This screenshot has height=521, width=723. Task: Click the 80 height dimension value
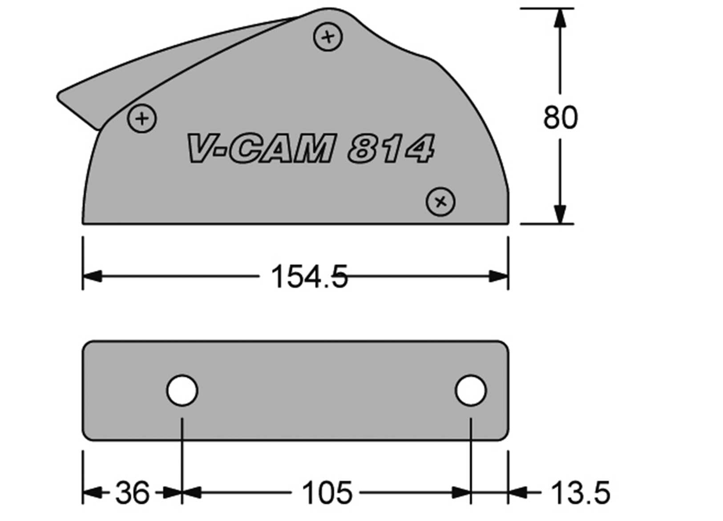tap(560, 118)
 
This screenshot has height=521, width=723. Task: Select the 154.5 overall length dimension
tap(309, 277)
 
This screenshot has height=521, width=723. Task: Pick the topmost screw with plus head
tap(328, 37)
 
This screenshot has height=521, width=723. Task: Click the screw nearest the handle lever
tap(142, 118)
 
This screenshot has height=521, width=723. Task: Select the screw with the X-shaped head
tap(440, 202)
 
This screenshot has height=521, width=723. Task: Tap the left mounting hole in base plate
tap(182, 390)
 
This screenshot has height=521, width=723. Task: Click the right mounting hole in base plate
tap(471, 390)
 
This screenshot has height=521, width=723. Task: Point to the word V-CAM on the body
tap(260, 148)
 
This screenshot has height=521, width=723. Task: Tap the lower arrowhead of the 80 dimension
tap(560, 215)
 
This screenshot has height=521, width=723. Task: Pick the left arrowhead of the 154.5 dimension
tap(92, 276)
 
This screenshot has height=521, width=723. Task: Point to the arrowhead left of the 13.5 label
tap(517, 493)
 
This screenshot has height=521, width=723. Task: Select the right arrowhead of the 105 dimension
tap(461, 493)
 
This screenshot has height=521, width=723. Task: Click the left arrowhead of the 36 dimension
tap(92, 493)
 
